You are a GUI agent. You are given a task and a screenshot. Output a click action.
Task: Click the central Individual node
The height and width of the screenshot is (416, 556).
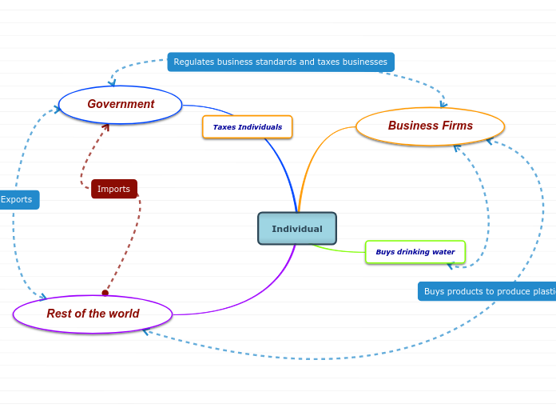297,229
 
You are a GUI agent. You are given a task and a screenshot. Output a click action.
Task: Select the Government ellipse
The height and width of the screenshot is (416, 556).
121,104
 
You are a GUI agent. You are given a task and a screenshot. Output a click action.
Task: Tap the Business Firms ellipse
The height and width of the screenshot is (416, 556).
430,126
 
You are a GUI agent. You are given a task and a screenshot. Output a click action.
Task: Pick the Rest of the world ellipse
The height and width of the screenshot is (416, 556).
93,314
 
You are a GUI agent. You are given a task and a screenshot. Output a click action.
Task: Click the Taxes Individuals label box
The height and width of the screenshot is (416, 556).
248,127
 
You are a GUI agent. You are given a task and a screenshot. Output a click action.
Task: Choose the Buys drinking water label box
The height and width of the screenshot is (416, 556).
415,252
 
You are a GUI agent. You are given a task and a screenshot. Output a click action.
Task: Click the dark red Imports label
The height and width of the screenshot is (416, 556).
114,189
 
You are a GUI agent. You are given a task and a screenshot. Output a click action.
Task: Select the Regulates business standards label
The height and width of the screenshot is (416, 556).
280,62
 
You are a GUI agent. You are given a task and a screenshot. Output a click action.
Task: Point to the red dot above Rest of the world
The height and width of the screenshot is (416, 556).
105,293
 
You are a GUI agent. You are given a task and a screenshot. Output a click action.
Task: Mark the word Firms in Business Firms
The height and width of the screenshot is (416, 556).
455,126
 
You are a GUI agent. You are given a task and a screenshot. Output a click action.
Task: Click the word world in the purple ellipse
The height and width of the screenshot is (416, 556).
123,314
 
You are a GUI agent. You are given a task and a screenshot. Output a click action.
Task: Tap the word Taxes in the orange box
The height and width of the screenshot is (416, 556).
223,127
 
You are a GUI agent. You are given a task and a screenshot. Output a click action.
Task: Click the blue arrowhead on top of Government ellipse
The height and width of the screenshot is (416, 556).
112,82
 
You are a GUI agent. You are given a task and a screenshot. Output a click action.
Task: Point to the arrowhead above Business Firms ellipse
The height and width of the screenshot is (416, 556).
443,103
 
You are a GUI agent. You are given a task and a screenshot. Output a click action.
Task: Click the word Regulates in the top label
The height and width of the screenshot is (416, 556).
194,62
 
